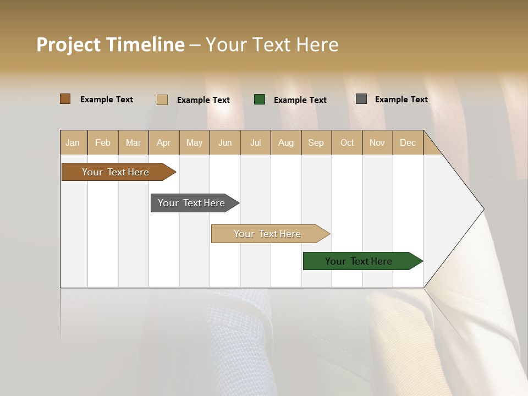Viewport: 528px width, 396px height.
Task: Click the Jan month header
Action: pos(73,142)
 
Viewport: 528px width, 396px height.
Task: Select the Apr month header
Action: pos(163,142)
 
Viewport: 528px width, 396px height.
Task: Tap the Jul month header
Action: pos(255,142)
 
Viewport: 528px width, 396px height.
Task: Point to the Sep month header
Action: pos(316,142)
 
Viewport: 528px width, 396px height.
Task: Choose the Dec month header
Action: pos(408,142)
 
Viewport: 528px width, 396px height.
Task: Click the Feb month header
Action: pos(103,142)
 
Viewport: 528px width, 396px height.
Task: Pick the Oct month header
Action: pos(347,142)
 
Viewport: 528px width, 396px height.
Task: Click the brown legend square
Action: pos(65,99)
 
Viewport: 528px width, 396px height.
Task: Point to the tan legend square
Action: pos(162,100)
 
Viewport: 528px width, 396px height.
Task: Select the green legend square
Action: pos(260,100)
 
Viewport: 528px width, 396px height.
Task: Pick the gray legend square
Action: pos(361,99)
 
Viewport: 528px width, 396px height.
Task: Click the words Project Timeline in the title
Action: pos(110,45)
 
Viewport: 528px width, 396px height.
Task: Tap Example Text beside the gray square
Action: pos(401,100)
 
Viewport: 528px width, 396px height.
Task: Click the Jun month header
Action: pos(225,142)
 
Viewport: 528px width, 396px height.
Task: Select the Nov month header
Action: pos(377,142)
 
